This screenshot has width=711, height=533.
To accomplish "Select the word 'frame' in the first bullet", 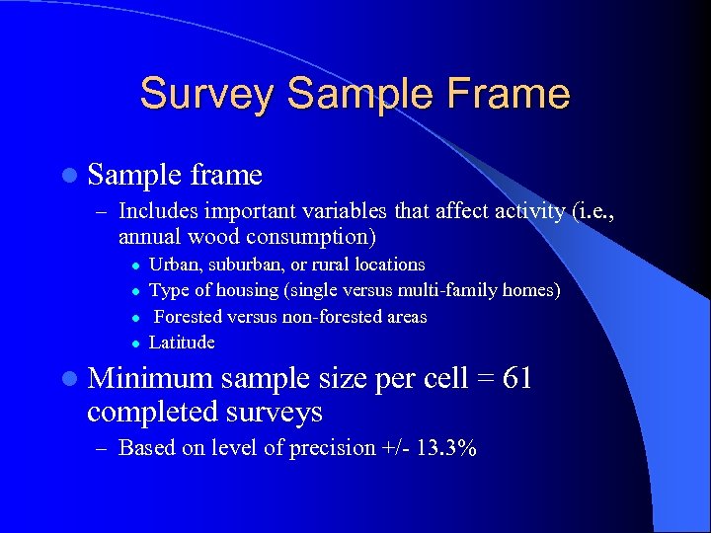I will [226, 175].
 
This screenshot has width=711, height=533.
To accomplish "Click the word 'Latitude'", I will [182, 343].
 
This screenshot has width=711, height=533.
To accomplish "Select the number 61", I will [517, 378].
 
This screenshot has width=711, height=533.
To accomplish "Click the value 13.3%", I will [446, 448].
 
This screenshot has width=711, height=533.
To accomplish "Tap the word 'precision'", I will [332, 448].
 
